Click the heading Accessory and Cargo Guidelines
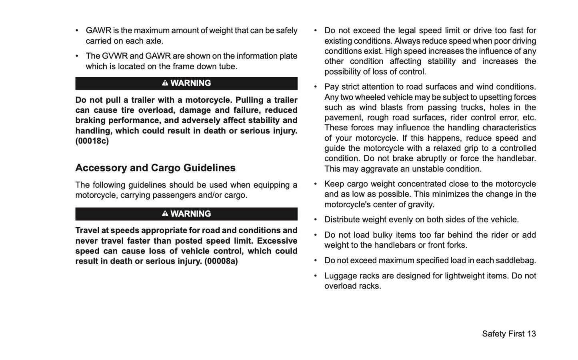tap(155, 168)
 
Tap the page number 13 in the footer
tap(531, 334)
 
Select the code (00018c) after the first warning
tap(92, 141)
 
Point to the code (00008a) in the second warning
tap(221, 261)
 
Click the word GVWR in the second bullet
tap(114, 56)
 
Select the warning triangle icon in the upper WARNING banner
tap(165, 83)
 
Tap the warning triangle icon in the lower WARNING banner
tap(165, 213)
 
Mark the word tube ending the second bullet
tap(229, 66)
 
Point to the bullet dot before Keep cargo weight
tap(316, 184)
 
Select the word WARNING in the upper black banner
tap(191, 83)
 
